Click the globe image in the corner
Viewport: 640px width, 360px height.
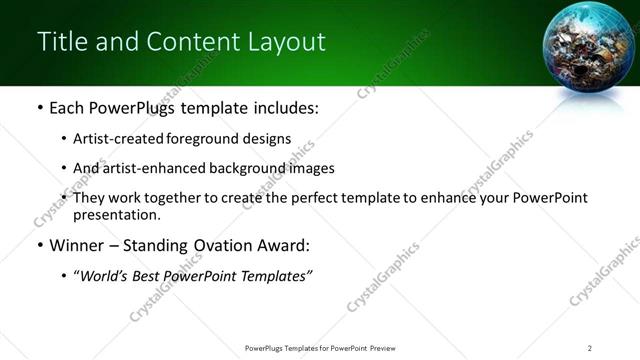tap(588, 49)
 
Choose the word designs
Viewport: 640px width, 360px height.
tap(267, 139)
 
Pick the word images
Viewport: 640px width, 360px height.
tap(311, 168)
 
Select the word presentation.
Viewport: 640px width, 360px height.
tap(116, 214)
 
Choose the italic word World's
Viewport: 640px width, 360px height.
tap(107, 276)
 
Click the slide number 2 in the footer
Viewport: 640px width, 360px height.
tap(590, 347)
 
